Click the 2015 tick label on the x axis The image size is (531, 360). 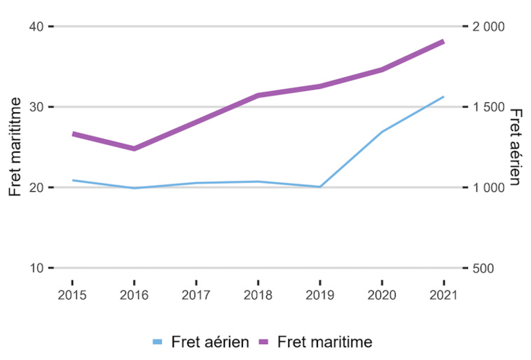tap(72, 295)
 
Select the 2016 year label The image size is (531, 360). tap(134, 295)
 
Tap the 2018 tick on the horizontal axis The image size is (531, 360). tap(258, 295)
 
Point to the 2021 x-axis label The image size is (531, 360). tap(443, 295)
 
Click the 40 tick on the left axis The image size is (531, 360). tap(37, 27)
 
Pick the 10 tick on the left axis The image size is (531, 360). tap(37, 268)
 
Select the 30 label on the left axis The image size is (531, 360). tap(37, 107)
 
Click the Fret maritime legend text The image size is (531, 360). tap(324, 342)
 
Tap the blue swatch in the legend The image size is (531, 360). tap(158, 342)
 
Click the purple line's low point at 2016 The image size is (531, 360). tap(134, 148)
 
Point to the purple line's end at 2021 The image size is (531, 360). tap(443, 41)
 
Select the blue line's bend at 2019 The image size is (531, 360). tap(319, 187)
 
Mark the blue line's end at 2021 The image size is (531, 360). tap(443, 97)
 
